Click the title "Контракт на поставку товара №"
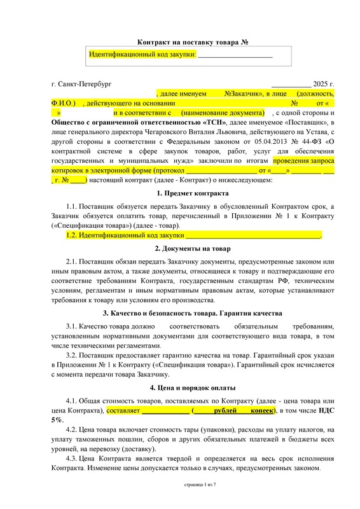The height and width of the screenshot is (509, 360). coord(184,42)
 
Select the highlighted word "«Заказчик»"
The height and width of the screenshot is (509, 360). coord(244,93)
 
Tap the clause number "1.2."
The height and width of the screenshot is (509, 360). coord(74,235)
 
